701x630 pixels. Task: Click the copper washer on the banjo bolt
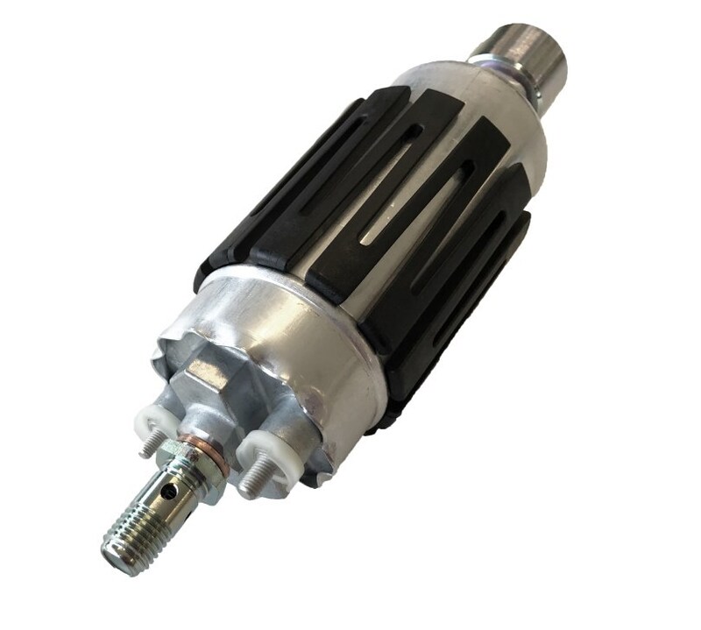coord(189,438)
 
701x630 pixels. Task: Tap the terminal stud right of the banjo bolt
coord(251,477)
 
